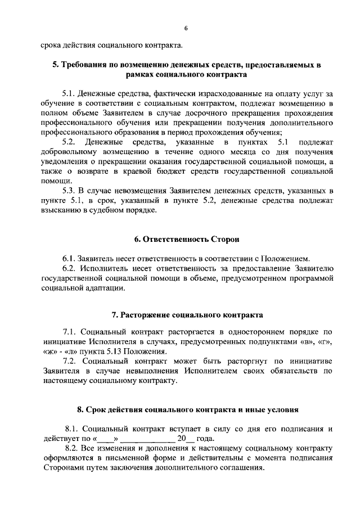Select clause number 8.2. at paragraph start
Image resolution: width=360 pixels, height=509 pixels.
click(x=74, y=448)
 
